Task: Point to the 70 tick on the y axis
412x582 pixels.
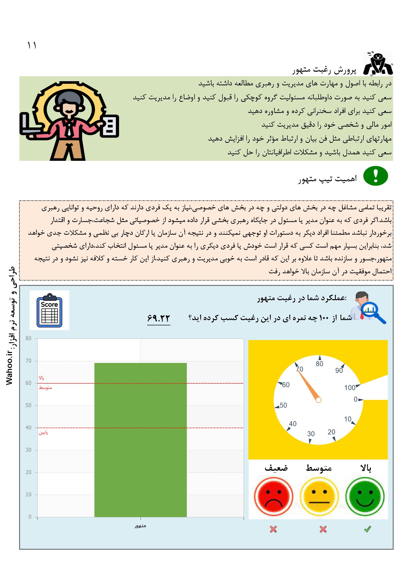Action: [29, 361]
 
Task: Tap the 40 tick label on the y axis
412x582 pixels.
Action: [29, 428]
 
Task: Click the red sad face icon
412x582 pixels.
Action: [273, 496]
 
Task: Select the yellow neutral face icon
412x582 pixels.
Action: [319, 496]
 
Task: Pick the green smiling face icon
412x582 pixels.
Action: [365, 496]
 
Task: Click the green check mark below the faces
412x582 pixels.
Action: [367, 529]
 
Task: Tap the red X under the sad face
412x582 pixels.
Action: [273, 529]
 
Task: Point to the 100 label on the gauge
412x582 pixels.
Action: [350, 388]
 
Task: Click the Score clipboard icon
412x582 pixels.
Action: [49, 310]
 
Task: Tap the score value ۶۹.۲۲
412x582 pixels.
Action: [159, 318]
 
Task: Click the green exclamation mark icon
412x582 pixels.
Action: [376, 176]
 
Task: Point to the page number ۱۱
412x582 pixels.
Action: [32, 46]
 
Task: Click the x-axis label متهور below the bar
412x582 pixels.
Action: [140, 526]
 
